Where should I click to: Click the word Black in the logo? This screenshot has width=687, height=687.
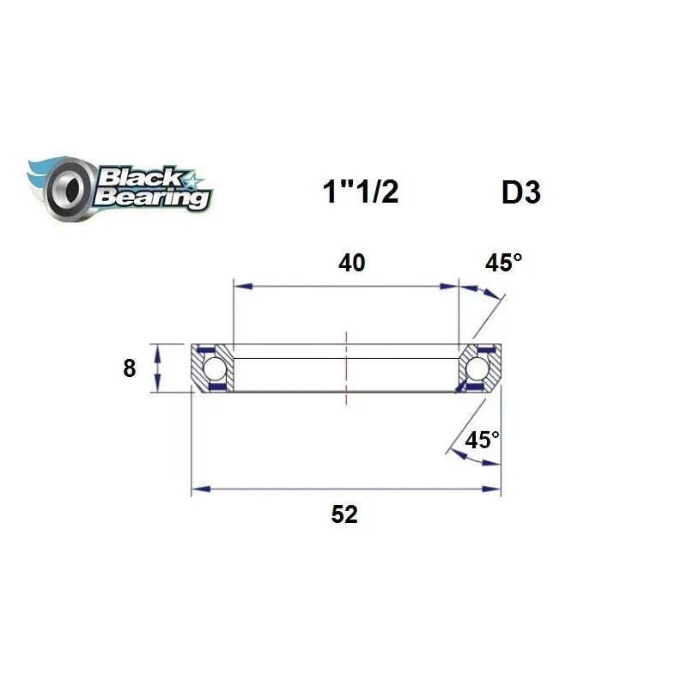coord(137,178)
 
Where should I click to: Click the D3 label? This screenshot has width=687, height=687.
coord(520,192)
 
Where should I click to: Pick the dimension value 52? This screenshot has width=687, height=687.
coord(344,515)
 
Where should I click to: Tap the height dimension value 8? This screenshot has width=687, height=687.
coord(130,369)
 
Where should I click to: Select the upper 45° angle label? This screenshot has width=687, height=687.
coord(503,263)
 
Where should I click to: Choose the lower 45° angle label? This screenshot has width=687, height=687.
coord(482,441)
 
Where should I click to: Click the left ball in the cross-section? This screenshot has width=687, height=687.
coord(215,369)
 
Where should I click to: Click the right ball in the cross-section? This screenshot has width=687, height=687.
coord(477,369)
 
